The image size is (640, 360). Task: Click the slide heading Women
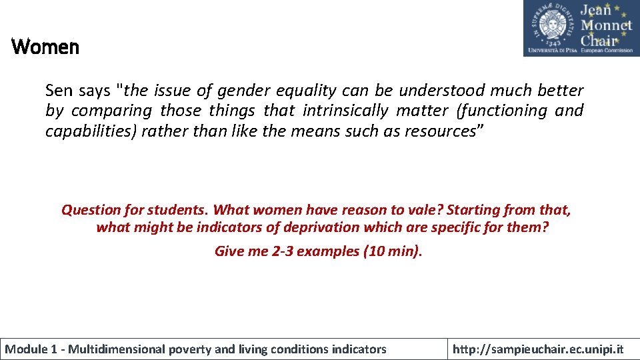(x=45, y=47)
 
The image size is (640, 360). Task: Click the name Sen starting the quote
(x=58, y=90)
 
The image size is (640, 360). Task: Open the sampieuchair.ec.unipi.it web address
(x=538, y=349)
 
